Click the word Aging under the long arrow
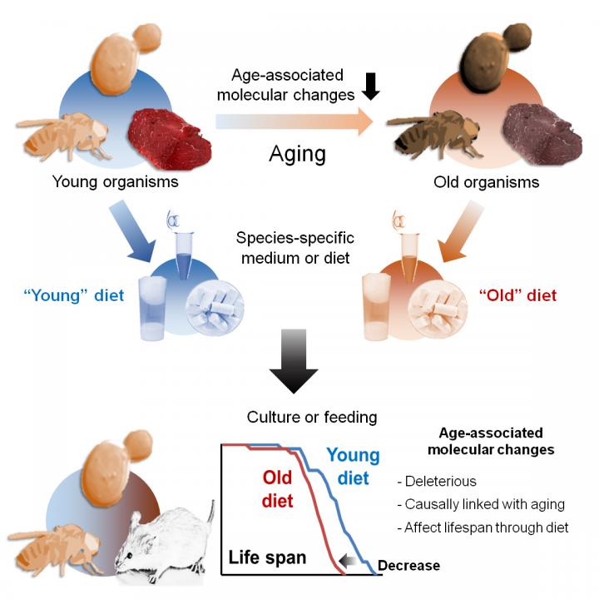(x=297, y=154)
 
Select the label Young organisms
(x=116, y=181)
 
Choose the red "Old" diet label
(x=517, y=295)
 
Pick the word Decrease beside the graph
(x=408, y=567)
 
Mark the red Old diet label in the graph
(x=277, y=488)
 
